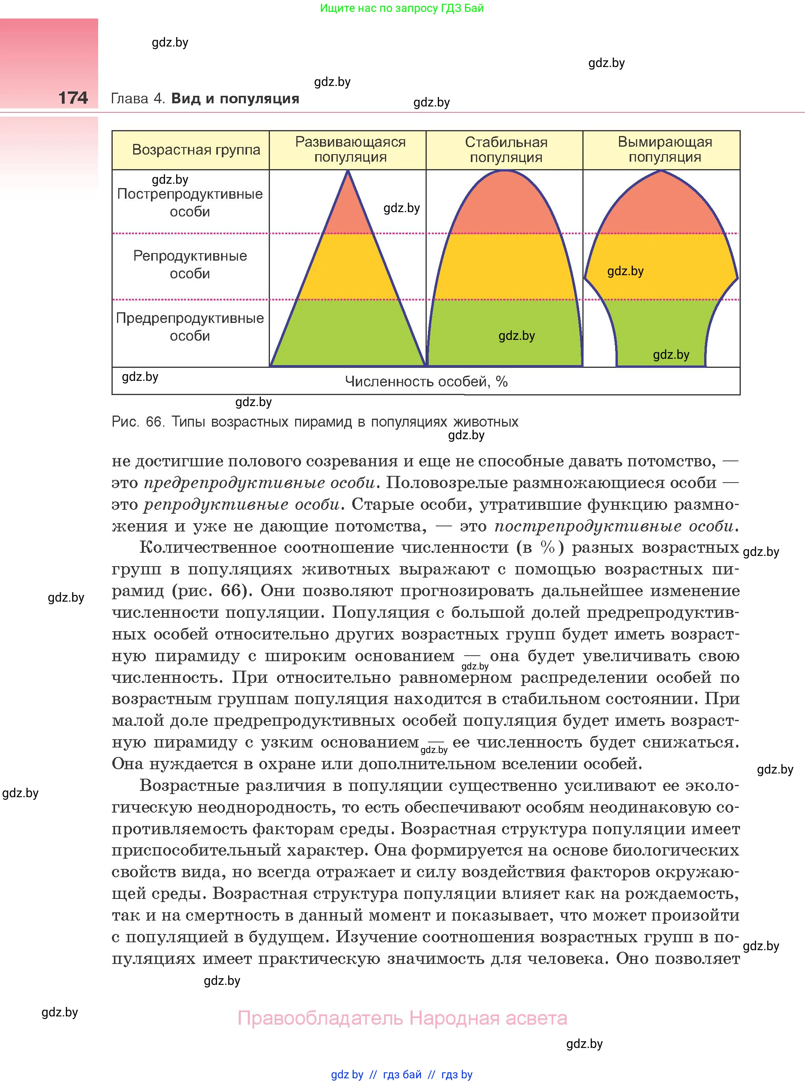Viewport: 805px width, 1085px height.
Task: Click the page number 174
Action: [x=73, y=98]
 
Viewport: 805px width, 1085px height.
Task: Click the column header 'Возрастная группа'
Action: [x=196, y=150]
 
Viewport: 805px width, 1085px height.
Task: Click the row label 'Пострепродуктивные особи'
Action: [x=190, y=202]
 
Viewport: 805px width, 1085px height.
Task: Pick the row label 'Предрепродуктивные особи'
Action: [x=190, y=327]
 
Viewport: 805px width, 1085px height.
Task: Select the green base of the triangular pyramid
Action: [x=348, y=334]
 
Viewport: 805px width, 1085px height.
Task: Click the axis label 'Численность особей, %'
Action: [x=426, y=381]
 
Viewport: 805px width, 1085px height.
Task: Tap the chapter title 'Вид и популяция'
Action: [x=235, y=99]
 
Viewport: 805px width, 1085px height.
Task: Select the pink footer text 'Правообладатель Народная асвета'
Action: [x=402, y=1018]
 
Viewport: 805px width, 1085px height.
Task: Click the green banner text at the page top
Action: [x=402, y=8]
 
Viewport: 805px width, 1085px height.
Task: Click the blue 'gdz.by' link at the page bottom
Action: [x=347, y=1075]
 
